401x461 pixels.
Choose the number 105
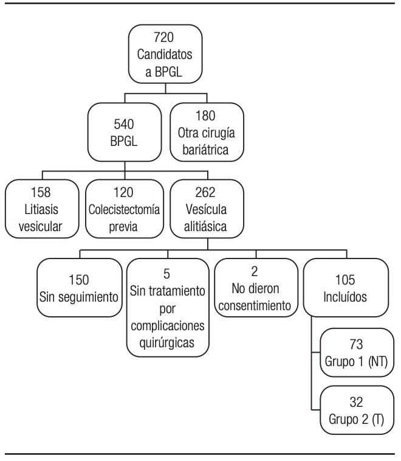point(345,281)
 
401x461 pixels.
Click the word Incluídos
point(345,298)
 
